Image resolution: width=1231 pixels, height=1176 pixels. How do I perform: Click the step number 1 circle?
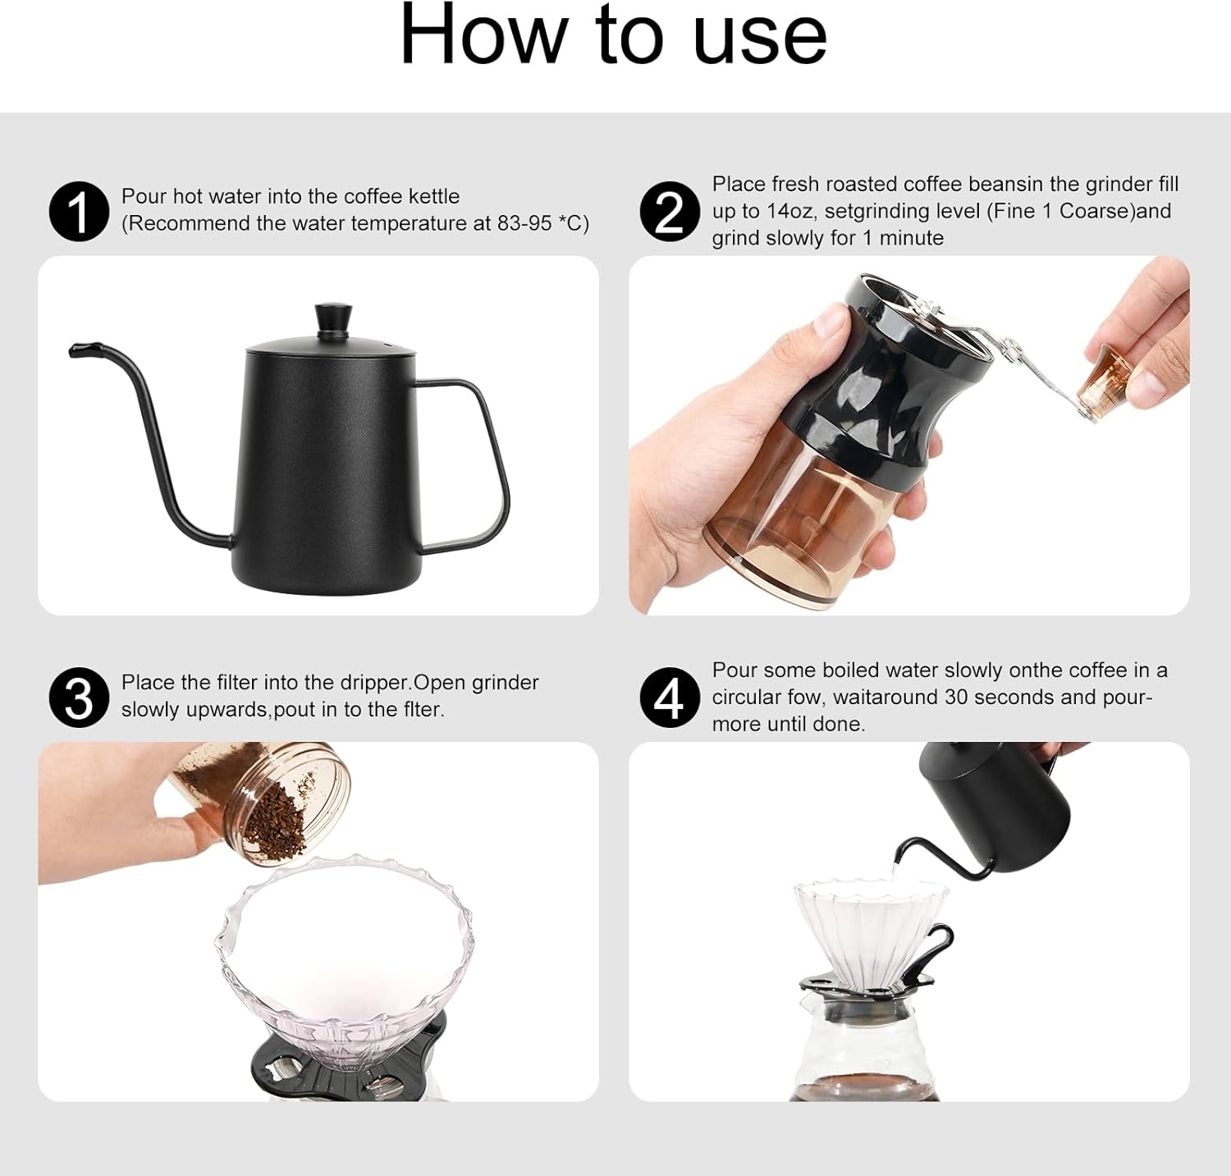click(79, 212)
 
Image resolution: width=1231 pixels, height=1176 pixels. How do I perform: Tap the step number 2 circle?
click(670, 212)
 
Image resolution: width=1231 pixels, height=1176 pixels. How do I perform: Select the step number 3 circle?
click(79, 698)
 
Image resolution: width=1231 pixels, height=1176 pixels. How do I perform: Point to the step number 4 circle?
click(670, 698)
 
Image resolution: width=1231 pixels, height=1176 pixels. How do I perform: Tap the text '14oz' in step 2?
click(791, 211)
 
